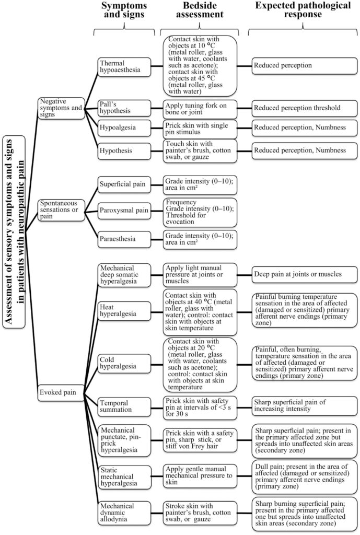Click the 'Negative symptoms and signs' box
61,108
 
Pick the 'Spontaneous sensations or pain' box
61,210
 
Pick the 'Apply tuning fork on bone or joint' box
201,108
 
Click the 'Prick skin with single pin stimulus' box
201,129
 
